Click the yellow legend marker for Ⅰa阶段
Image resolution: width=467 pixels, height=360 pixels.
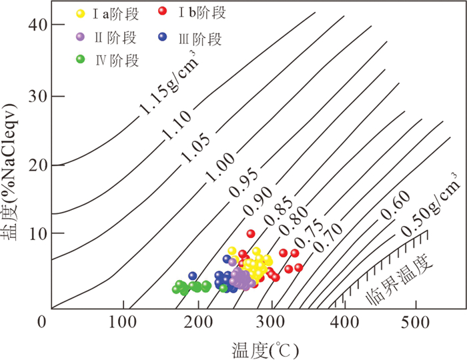coord(81,13)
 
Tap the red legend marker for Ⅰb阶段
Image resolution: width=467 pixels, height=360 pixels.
coord(163,11)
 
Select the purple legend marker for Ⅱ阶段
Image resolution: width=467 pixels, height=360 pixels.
coord(80,37)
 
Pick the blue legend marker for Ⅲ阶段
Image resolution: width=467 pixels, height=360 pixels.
coord(163,37)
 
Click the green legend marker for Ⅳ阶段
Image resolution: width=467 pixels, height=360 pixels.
coord(81,59)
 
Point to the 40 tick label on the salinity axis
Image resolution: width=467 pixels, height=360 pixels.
coord(38,25)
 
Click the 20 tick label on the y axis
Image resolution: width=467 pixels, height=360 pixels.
coord(38,165)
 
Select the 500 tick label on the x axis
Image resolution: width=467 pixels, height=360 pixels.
coord(416,322)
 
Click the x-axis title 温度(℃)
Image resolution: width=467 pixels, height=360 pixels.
coord(265,350)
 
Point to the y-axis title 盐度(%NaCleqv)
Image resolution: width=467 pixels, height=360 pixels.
coord(9,172)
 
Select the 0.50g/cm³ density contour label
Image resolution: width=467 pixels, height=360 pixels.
coord(431,205)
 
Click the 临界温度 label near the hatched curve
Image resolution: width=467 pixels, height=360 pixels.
coord(399,279)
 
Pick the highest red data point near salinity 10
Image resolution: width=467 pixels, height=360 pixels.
coord(251,233)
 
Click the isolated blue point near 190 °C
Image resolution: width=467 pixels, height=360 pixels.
coord(193,276)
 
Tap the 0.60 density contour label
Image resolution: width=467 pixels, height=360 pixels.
coord(396,205)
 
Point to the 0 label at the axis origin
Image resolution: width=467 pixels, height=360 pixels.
coord(42,322)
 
